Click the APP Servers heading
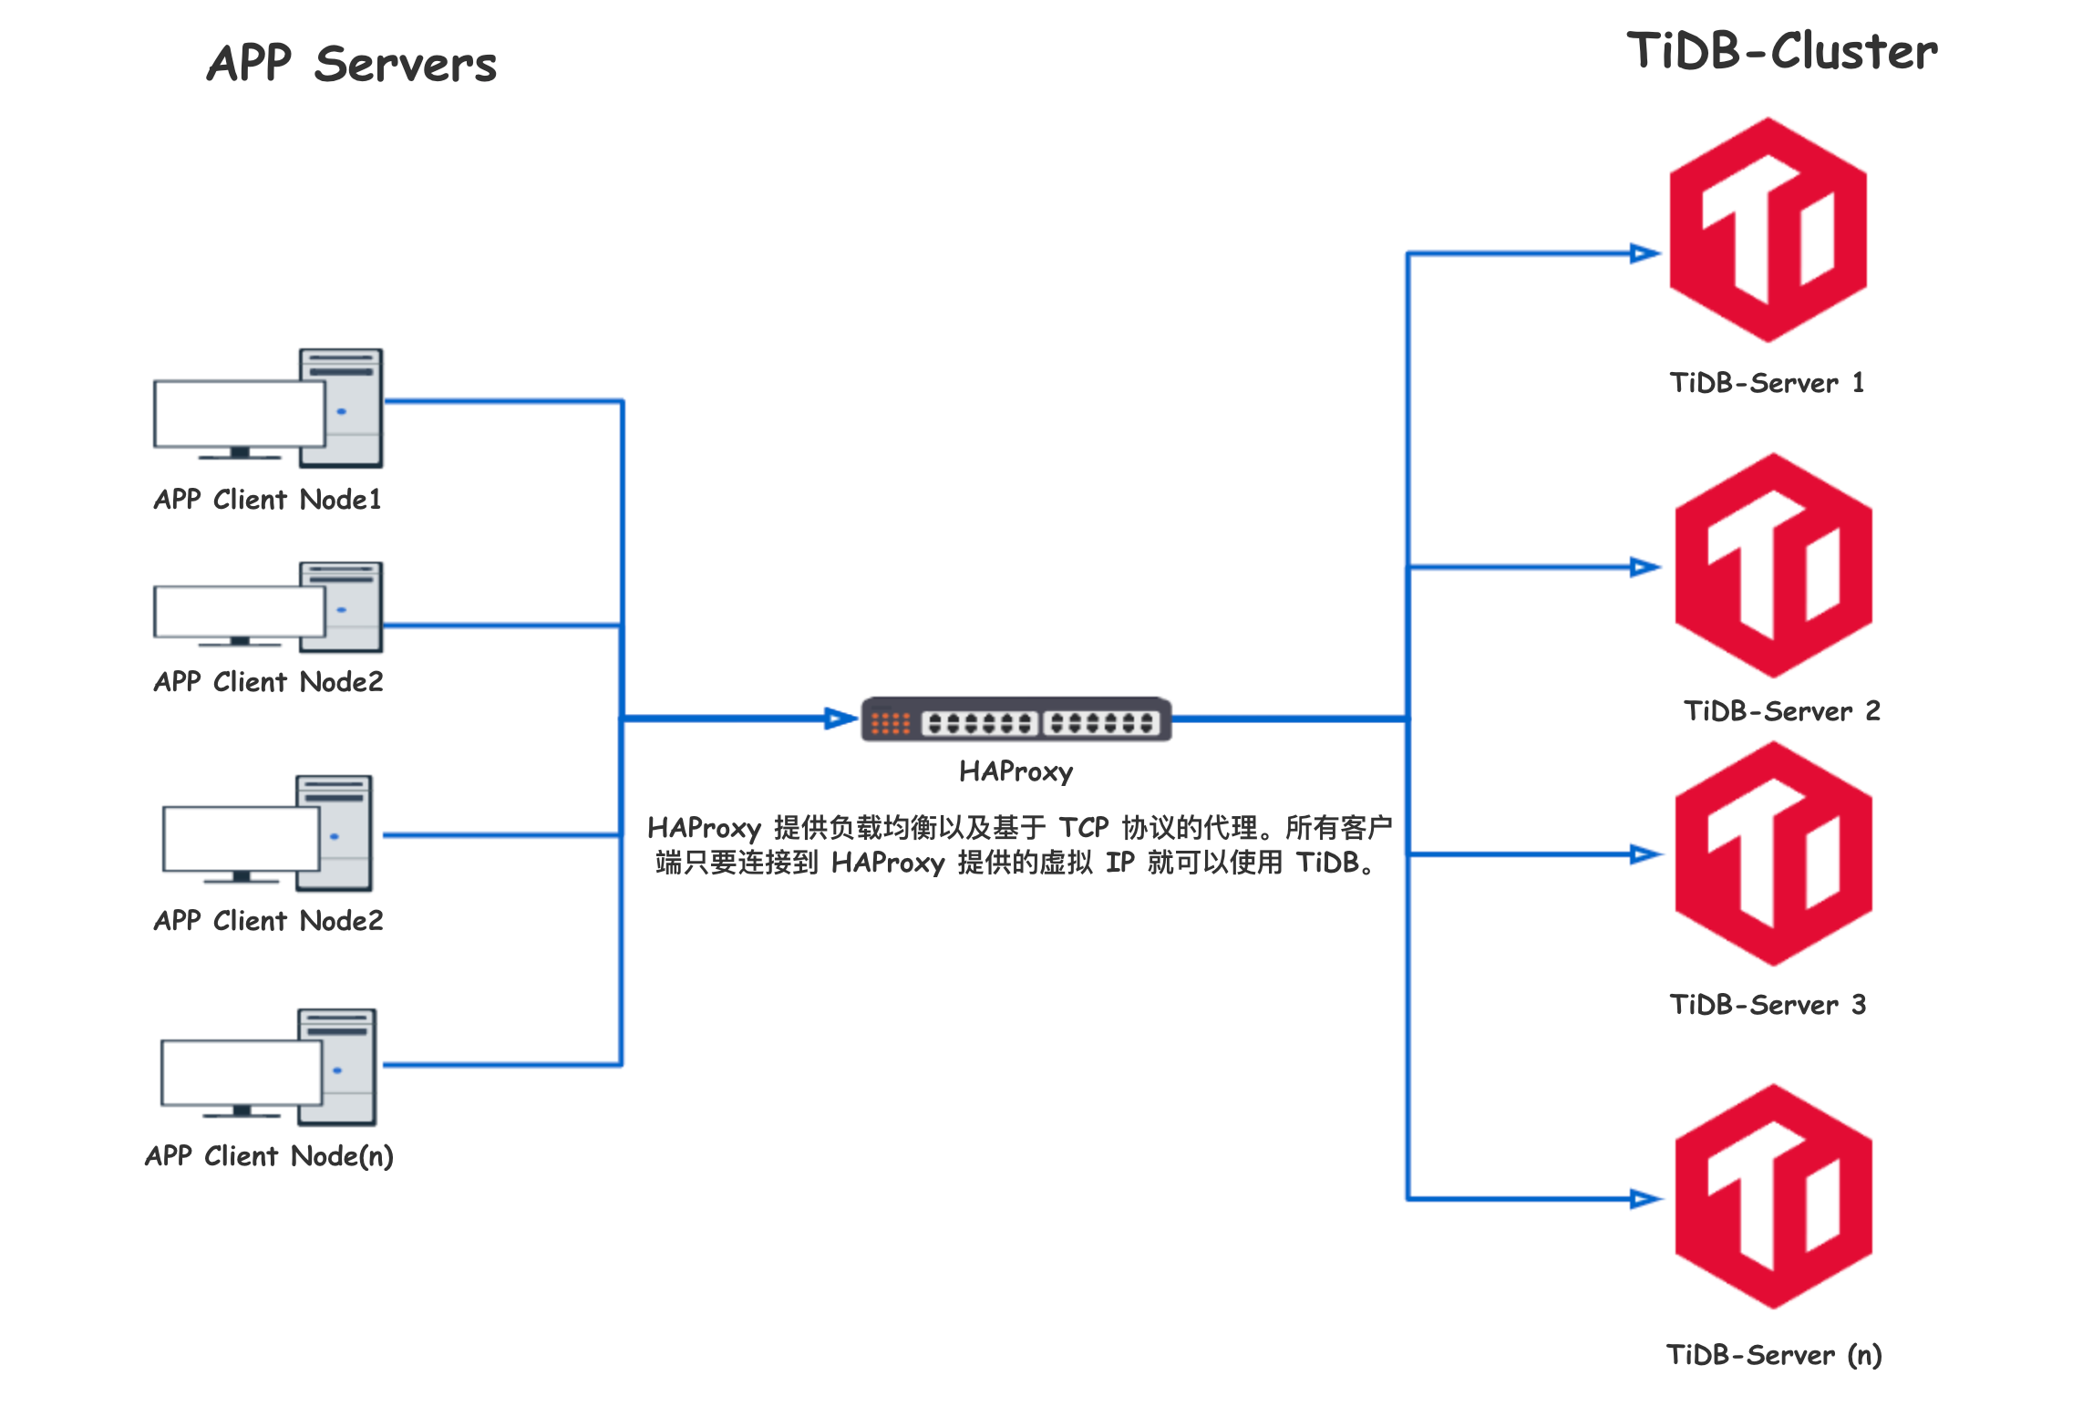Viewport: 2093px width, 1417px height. (351, 64)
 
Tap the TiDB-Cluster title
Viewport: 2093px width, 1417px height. (1782, 51)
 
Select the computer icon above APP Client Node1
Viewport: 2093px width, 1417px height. (268, 409)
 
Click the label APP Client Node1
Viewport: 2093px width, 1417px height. (267, 500)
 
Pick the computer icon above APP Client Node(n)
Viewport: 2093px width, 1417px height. (268, 1067)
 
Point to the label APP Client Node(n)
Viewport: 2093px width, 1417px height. (269, 1156)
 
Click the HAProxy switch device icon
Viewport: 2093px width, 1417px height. (1016, 720)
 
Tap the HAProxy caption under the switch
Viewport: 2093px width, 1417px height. (1016, 772)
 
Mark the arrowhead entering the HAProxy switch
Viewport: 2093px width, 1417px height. (840, 719)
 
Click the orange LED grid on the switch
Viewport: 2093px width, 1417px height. (890, 724)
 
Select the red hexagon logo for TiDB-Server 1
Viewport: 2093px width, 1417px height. (1768, 230)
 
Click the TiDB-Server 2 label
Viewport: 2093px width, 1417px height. (1781, 711)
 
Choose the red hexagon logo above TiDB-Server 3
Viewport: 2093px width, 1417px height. (1773, 853)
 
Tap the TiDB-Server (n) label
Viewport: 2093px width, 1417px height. (1774, 1355)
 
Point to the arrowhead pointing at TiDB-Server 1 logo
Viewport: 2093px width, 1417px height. (1644, 253)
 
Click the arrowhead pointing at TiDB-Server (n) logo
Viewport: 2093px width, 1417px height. (1644, 1199)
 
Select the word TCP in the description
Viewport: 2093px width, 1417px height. (1083, 828)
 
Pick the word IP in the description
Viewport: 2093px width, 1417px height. (1119, 863)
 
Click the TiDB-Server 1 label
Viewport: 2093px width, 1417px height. (1767, 383)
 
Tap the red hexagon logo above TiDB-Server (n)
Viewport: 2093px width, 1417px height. (1773, 1196)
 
